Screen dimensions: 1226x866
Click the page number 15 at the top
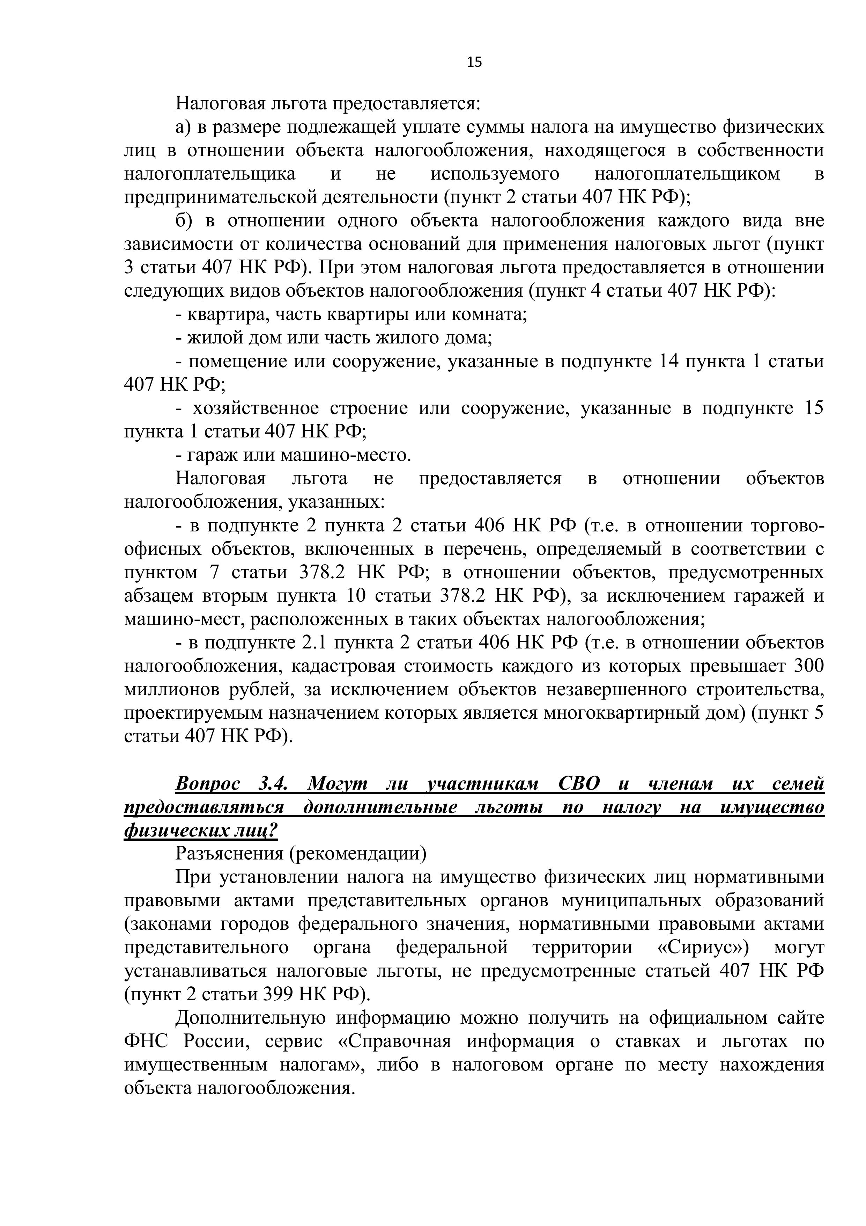[474, 63]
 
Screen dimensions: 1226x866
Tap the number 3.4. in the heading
[273, 784]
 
